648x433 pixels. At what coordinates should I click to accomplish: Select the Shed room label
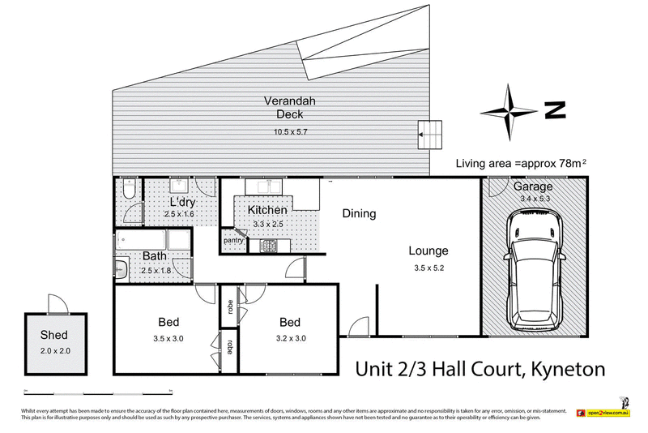pyautogui.click(x=54, y=335)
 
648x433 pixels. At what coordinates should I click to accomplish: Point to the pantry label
pyautogui.click(x=233, y=241)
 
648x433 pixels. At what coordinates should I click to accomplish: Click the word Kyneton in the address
pyautogui.click(x=566, y=369)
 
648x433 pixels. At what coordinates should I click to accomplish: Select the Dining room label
pyautogui.click(x=359, y=214)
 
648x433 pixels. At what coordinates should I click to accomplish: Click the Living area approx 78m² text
pyautogui.click(x=521, y=163)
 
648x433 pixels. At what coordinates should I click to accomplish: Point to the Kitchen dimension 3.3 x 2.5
pyautogui.click(x=268, y=224)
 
